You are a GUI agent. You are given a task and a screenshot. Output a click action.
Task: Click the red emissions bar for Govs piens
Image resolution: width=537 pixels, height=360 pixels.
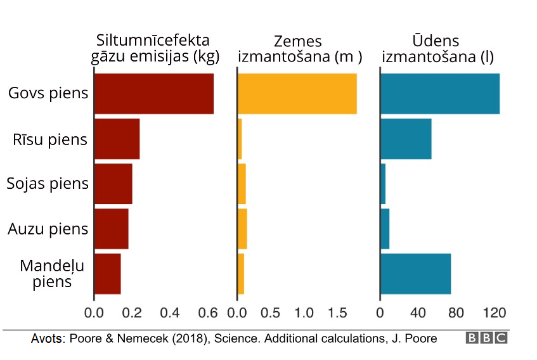tap(153, 94)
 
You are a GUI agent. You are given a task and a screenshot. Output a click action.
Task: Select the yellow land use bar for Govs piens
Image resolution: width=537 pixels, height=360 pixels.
tap(297, 94)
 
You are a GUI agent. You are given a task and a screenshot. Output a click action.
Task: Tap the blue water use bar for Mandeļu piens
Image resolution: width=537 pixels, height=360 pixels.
tap(415, 274)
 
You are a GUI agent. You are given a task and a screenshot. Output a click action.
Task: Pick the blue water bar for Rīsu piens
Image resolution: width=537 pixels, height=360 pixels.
tap(406, 139)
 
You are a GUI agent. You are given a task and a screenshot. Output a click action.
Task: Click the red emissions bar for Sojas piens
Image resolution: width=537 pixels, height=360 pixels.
tap(113, 184)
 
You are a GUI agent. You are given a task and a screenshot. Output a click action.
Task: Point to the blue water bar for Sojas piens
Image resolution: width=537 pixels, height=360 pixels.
tap(383, 184)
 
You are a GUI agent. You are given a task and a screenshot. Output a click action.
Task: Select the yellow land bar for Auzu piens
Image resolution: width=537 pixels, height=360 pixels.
tap(242, 229)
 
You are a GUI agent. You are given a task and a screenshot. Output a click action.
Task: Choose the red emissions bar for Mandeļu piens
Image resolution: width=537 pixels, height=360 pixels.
tap(108, 274)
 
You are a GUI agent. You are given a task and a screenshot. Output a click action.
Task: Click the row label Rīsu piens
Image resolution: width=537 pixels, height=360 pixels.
tap(50, 139)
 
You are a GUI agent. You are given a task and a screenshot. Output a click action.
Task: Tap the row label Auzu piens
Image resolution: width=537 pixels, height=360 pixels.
tap(48, 229)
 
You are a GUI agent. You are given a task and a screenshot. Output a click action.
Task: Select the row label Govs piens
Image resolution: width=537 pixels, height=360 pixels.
tap(48, 94)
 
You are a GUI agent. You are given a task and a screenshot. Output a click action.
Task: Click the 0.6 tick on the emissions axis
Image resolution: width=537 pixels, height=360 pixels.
tap(207, 312)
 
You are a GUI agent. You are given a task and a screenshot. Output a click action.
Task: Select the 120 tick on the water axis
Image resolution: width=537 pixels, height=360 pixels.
tap(495, 312)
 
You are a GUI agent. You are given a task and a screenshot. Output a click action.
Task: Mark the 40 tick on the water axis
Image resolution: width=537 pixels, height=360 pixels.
tap(418, 312)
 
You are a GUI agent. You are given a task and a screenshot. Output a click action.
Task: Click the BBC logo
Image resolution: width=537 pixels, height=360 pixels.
tap(486, 338)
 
